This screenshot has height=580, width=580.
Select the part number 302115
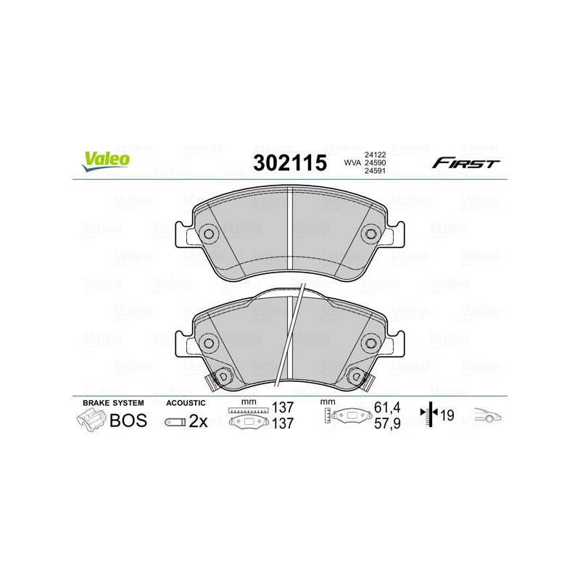tap(289, 163)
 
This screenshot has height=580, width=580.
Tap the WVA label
tap(352, 163)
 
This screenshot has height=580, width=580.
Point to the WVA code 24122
tap(375, 154)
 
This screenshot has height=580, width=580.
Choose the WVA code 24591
tap(375, 172)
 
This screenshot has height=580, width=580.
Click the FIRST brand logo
tap(465, 163)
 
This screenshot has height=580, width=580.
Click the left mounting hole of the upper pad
tap(208, 234)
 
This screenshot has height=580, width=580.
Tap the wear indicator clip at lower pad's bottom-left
tap(219, 377)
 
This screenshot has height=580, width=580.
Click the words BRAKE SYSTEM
tap(113, 402)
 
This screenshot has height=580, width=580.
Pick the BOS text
tap(128, 420)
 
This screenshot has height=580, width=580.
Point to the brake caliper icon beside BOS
tap(90, 420)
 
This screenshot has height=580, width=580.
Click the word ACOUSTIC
tap(186, 402)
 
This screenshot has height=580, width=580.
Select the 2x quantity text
tap(198, 421)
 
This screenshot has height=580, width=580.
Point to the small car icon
tap(488, 416)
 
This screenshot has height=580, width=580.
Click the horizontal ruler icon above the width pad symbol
tap(248, 410)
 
